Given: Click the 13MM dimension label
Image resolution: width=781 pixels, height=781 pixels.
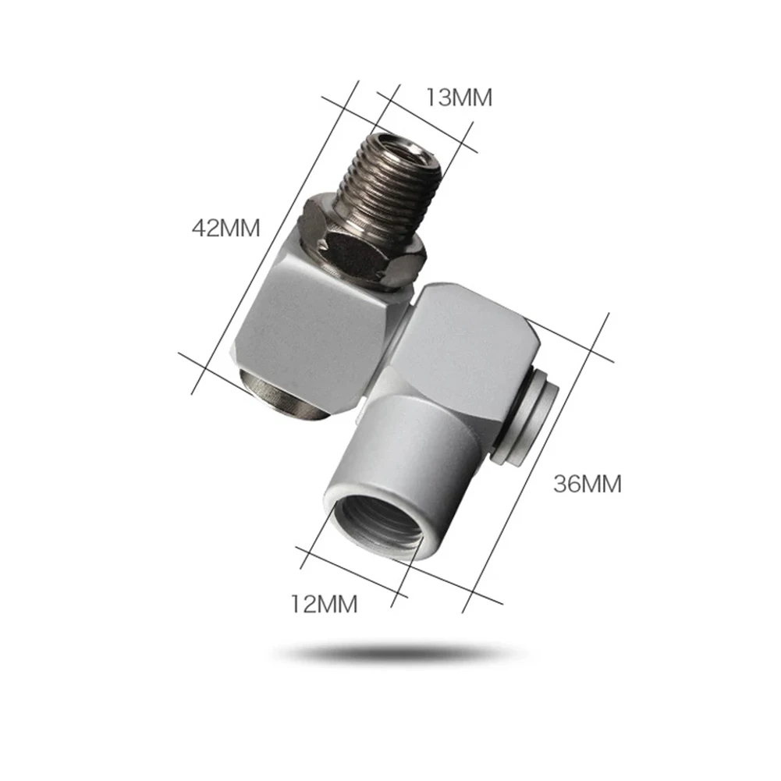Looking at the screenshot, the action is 459,98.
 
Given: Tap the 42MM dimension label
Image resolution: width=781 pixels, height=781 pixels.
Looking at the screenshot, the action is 226,228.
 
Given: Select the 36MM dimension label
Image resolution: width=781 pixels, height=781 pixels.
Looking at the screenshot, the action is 588,485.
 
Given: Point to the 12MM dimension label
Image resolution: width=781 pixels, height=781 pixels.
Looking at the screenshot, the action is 325,604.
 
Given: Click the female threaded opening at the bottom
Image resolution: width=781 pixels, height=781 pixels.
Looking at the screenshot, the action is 377,527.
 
